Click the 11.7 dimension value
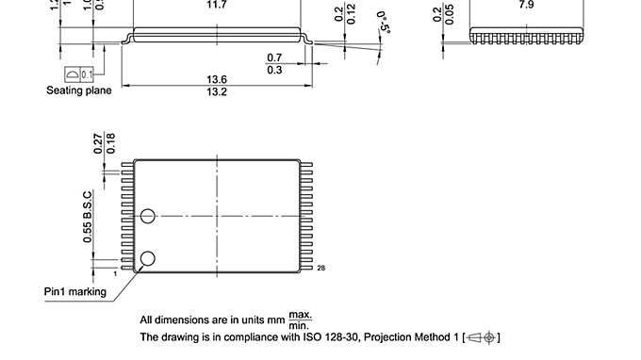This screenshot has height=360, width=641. click(x=217, y=6)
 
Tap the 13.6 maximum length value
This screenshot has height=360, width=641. click(x=217, y=78)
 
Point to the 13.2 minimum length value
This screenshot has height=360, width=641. click(x=217, y=92)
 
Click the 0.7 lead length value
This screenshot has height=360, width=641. click(x=275, y=57)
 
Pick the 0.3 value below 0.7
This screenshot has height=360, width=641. click(x=275, y=71)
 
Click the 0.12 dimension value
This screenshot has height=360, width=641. click(x=352, y=14)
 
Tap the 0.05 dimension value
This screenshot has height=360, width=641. click(x=450, y=14)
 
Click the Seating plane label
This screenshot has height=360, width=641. click(x=79, y=90)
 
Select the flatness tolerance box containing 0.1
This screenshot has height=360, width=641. click(x=79, y=74)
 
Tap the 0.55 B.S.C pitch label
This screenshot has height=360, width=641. click(x=89, y=214)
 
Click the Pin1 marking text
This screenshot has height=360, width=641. click(x=75, y=291)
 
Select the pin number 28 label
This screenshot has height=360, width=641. click(x=321, y=270)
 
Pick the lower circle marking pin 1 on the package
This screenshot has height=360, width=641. click(x=147, y=259)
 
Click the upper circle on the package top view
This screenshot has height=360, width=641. click(x=147, y=217)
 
